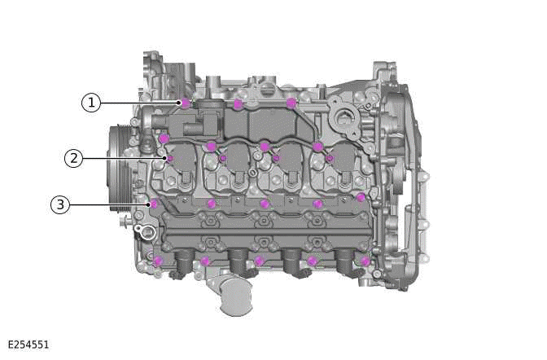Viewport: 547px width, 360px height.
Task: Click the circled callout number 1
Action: coord(91,103)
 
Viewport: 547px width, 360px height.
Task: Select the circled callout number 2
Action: coord(74,158)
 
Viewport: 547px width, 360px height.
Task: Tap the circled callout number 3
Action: coord(59,204)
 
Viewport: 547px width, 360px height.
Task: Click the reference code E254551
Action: coord(28,345)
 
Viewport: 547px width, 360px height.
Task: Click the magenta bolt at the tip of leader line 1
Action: coord(185,103)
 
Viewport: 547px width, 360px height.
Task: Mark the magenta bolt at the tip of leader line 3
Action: coord(153,204)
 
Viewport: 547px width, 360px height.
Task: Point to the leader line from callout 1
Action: coord(138,103)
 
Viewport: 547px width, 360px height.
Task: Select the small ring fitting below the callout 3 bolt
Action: coord(147,233)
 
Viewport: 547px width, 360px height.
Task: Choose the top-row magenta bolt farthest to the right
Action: coord(291,103)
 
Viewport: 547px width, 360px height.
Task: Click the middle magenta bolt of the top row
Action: coord(238,104)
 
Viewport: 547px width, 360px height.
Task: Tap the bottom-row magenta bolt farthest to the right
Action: coord(365,261)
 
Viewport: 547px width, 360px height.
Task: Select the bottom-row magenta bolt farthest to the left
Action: coord(158,261)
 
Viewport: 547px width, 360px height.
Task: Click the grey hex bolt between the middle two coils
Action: coord(253,173)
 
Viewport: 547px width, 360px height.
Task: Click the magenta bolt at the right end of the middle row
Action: coord(361,197)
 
